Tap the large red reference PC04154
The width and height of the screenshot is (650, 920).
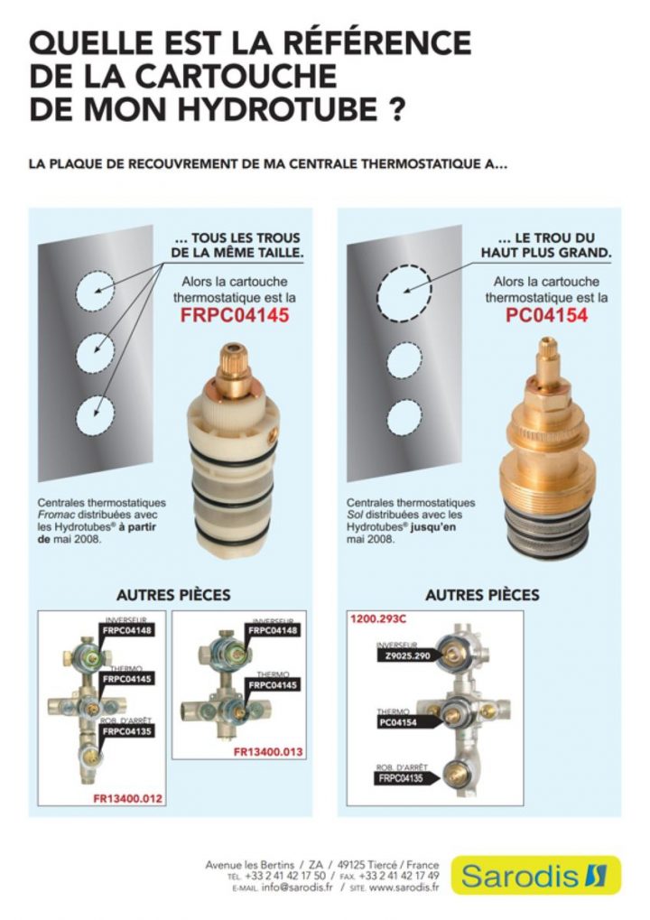click(546, 316)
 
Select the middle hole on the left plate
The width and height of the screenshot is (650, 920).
click(95, 353)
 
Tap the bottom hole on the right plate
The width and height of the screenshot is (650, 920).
click(404, 417)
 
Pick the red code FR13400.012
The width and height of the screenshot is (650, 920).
click(127, 799)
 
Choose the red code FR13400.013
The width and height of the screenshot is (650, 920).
click(268, 751)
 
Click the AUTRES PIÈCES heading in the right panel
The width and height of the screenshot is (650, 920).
click(482, 595)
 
